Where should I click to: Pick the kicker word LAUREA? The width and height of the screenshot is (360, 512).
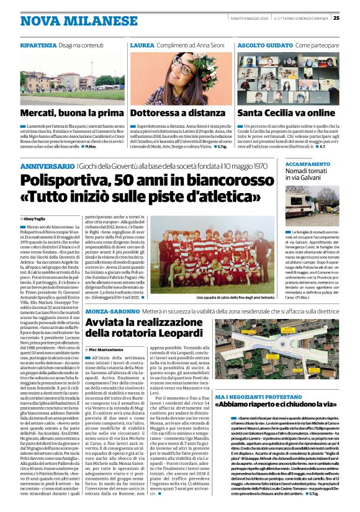click(142, 47)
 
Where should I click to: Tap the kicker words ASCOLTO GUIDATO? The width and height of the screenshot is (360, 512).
click(260, 47)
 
